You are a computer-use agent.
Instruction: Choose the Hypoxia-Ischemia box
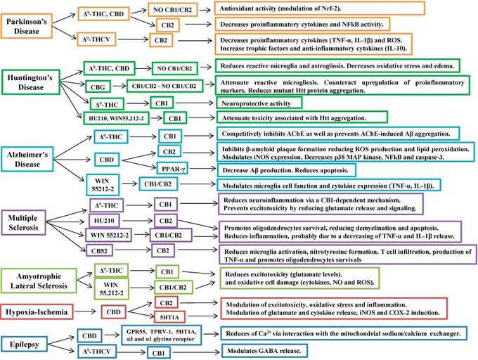40,309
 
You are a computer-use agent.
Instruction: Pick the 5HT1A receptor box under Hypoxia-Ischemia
172,315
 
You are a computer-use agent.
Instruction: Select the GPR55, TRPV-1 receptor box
175,332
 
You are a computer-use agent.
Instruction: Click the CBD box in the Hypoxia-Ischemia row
112,309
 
